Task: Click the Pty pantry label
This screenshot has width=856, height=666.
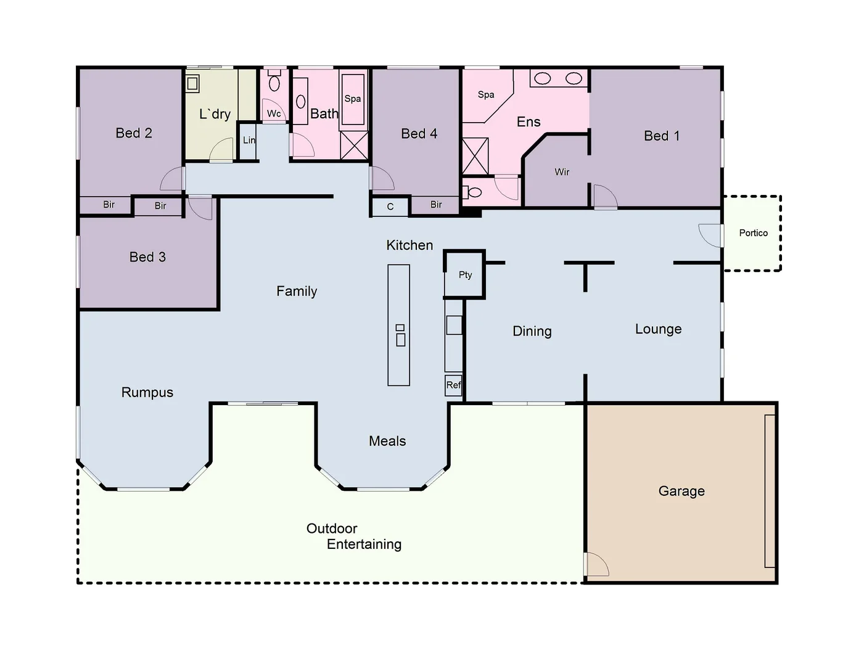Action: click(465, 275)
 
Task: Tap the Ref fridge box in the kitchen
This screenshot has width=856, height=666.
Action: click(453, 385)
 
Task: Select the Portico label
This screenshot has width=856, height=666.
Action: click(753, 233)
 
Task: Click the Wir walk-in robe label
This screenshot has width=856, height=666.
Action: click(562, 172)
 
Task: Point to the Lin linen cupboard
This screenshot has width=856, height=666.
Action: click(249, 141)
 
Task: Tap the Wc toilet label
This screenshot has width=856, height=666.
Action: click(274, 113)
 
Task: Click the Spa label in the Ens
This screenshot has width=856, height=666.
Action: click(486, 95)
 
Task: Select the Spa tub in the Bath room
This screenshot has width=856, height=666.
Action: click(353, 99)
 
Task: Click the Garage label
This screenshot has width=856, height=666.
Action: click(681, 491)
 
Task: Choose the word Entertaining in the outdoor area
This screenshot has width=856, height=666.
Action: click(364, 545)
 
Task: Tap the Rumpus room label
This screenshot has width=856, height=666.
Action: click(147, 393)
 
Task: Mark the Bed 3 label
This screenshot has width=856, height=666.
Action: click(147, 257)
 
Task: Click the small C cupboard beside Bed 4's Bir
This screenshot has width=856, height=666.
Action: click(390, 207)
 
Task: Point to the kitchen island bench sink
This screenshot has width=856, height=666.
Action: click(400, 335)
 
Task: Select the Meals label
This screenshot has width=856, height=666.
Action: click(387, 442)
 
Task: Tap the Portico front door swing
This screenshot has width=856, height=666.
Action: click(710, 234)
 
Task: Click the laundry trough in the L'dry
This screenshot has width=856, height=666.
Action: click(193, 83)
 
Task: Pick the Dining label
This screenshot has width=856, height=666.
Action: click(532, 332)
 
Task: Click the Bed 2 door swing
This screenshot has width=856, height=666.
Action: click(173, 179)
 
